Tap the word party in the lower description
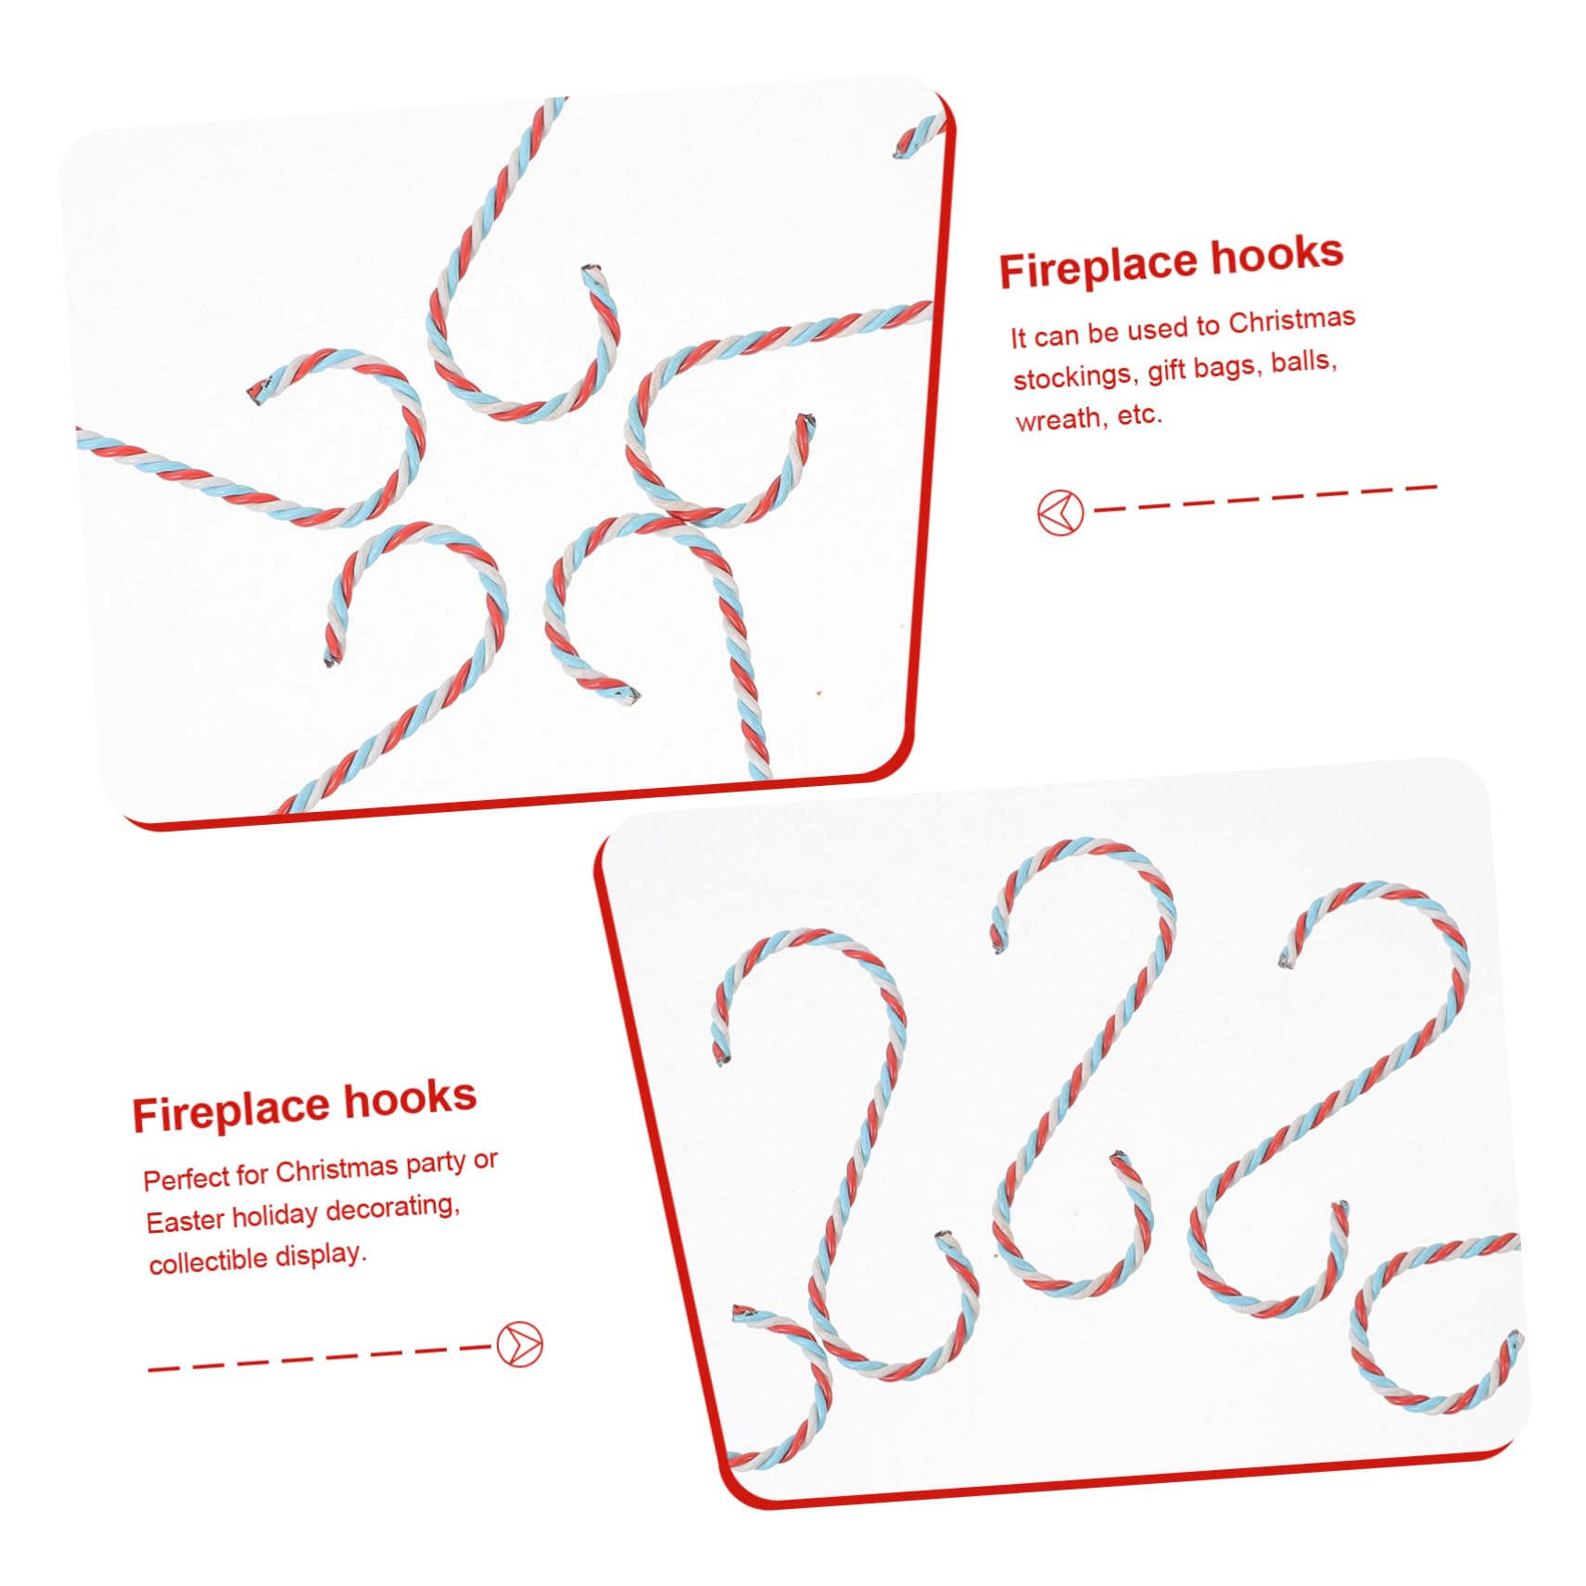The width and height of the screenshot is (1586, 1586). [x=436, y=1164]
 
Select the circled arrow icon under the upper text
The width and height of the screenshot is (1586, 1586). [x=1059, y=513]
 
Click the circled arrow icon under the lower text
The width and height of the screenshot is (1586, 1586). [x=519, y=1344]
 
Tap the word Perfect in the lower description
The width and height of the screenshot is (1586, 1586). [x=186, y=1178]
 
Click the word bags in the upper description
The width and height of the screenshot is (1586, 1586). [x=1228, y=366]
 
